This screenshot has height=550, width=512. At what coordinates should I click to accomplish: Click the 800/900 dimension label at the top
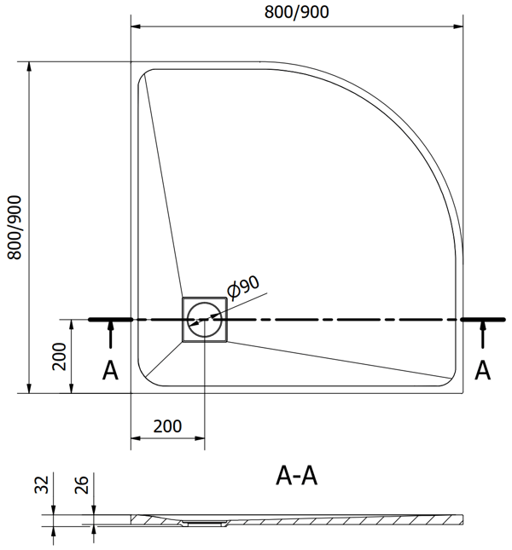(x=296, y=12)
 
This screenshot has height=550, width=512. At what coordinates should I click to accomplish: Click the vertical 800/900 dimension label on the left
(x=15, y=228)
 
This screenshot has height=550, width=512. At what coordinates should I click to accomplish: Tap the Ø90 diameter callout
(x=243, y=287)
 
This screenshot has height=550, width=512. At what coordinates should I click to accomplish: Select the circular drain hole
(x=205, y=319)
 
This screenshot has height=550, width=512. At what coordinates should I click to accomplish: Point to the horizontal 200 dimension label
(x=167, y=426)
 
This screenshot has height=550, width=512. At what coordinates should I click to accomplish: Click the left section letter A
(x=110, y=370)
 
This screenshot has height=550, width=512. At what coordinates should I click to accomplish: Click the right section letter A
(x=482, y=370)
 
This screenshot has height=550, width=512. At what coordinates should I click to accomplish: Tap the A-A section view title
(x=296, y=476)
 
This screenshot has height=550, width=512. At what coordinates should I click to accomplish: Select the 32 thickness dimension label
(x=42, y=484)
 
